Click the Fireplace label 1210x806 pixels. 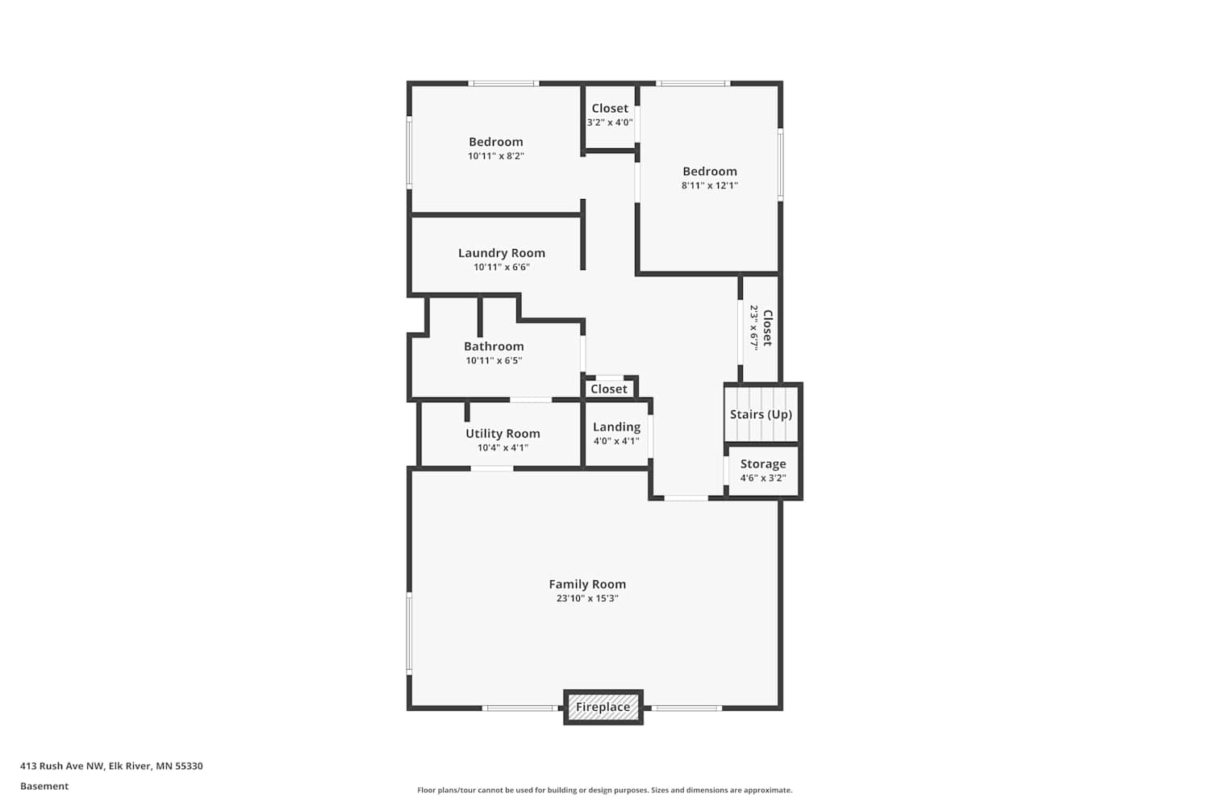point(603,707)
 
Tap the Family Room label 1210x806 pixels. point(587,584)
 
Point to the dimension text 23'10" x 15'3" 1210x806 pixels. point(587,598)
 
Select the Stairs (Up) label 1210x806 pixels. point(761,414)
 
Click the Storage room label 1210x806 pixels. point(763,464)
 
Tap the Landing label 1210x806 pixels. point(616,427)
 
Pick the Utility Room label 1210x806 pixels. point(503,434)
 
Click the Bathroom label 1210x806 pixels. point(494,346)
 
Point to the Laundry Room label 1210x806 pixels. point(502,253)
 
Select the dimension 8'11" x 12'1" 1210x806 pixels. point(710,185)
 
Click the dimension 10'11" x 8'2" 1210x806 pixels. point(496,156)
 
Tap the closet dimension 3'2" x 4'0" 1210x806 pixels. point(610,123)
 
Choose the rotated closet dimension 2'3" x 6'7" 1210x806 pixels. point(753,328)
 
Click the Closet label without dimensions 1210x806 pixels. point(609,389)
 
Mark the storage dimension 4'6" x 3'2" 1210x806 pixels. point(763,478)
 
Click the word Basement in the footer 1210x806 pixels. point(44,786)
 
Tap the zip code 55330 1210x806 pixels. point(189,766)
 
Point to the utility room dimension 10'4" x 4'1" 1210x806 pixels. point(503,447)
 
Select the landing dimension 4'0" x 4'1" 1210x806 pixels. point(616,441)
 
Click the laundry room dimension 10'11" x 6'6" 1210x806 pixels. point(502,268)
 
